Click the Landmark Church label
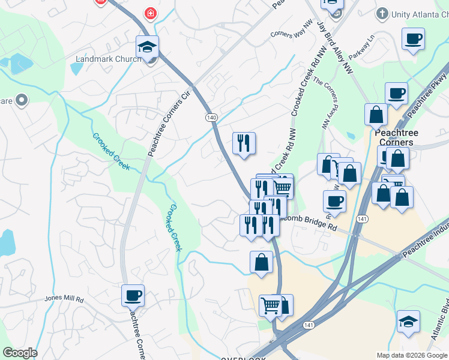106,59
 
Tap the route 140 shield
211,118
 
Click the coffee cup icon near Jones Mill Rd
133,295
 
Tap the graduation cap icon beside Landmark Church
147,47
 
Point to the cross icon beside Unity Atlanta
381,13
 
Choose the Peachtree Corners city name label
396,137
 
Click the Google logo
20,353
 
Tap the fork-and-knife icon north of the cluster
244,143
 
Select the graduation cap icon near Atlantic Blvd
408,322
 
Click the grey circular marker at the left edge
23,100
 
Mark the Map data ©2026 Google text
411,355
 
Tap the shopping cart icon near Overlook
271,305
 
